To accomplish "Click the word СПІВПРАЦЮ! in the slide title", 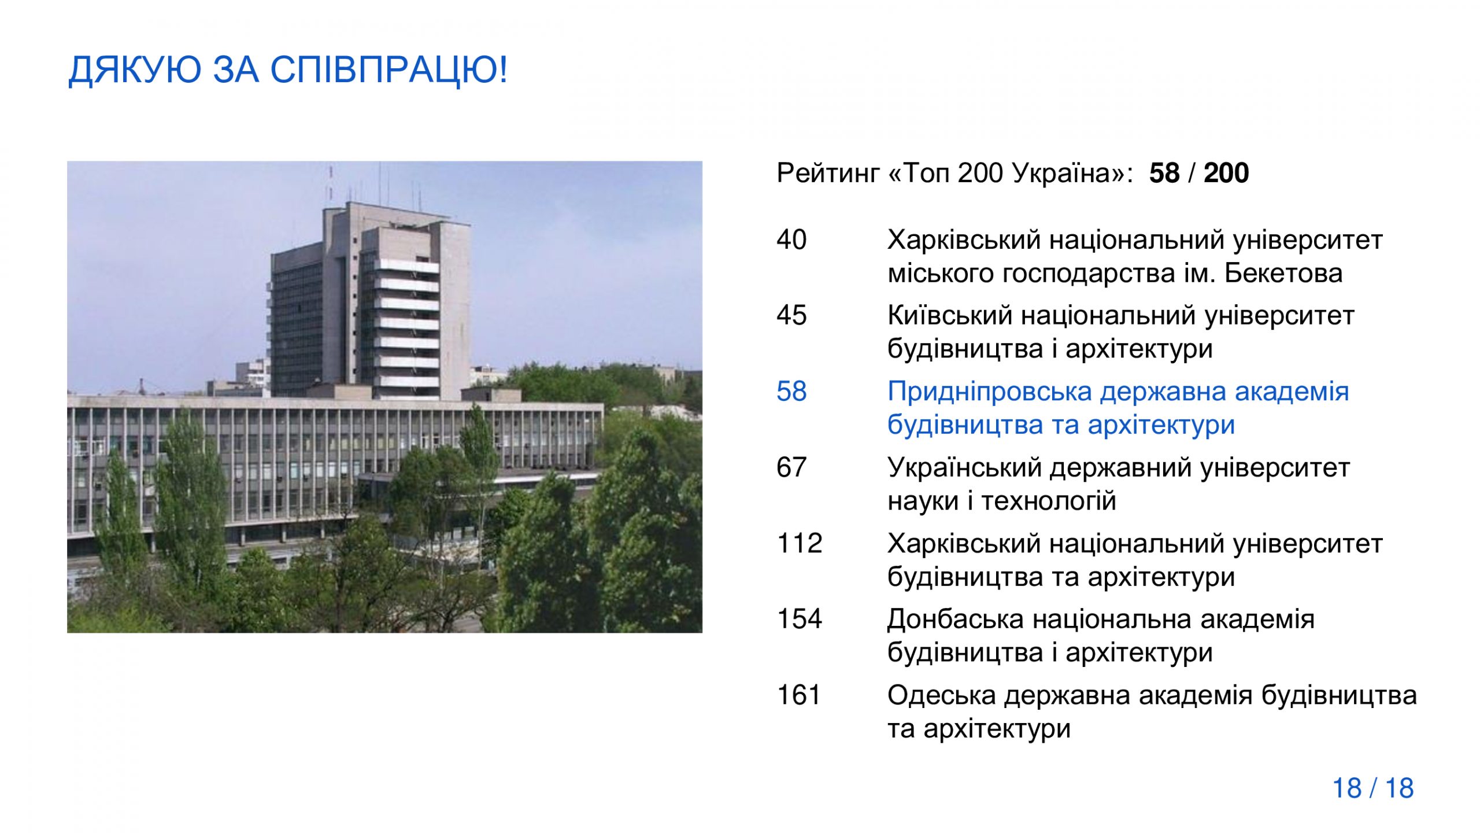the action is [x=389, y=71].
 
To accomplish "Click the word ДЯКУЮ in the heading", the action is [x=135, y=71].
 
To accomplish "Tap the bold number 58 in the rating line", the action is [x=1164, y=173].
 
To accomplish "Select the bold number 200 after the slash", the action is [x=1226, y=173].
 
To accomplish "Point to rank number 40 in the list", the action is [x=791, y=239].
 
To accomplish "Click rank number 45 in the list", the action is [x=791, y=315].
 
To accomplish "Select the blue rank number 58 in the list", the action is [x=791, y=392].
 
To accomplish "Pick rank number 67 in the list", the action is [x=791, y=467].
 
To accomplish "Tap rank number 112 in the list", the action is [x=800, y=543].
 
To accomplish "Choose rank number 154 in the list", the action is [x=800, y=619].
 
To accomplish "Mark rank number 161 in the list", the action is [x=799, y=695].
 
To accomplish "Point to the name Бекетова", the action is [x=1283, y=273].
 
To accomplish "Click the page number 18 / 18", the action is [x=1373, y=788].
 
